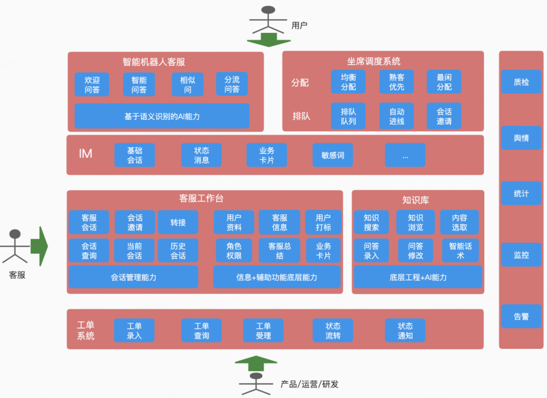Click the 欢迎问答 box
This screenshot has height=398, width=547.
pyautogui.click(x=92, y=85)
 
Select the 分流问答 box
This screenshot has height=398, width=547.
pyautogui.click(x=232, y=85)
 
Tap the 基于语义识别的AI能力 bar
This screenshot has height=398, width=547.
pyautogui.click(x=162, y=116)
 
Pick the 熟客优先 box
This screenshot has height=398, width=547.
pyautogui.click(x=397, y=82)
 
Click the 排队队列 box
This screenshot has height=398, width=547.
pyautogui.click(x=348, y=116)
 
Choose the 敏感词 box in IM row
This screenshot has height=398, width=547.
pyautogui.click(x=333, y=155)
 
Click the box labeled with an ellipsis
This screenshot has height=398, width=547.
pyautogui.click(x=405, y=155)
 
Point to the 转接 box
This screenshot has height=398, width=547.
pyautogui.click(x=178, y=222)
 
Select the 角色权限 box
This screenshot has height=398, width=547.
pyautogui.click(x=234, y=251)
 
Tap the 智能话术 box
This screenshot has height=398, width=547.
pyautogui.click(x=460, y=251)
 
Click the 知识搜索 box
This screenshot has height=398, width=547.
pyautogui.click(x=371, y=222)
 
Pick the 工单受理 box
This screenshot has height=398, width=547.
pyautogui.click(x=263, y=331)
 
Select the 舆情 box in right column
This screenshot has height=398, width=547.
pyautogui.click(x=521, y=138)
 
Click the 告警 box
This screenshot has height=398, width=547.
pyautogui.click(x=521, y=316)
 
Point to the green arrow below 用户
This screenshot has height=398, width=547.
pyautogui.click(x=268, y=39)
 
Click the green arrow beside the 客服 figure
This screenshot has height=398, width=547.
pyautogui.click(x=39, y=246)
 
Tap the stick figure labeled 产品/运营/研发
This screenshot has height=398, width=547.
pyautogui.click(x=256, y=384)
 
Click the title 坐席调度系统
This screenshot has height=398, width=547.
pyautogui.click(x=374, y=61)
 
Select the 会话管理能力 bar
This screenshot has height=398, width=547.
pyautogui.click(x=134, y=277)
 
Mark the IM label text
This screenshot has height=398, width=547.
pyautogui.click(x=86, y=154)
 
